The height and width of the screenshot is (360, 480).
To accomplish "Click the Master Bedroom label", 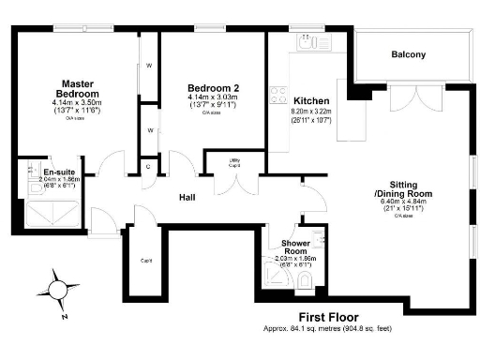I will (76, 88).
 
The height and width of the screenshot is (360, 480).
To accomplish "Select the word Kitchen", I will (310, 100).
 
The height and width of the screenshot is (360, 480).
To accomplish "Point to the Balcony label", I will (408, 54).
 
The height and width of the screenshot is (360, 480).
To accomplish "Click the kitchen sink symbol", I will (306, 41).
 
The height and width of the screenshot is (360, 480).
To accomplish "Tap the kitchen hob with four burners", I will (278, 95).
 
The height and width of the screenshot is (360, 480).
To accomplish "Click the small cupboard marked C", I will (147, 167).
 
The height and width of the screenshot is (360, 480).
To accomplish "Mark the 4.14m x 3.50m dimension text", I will (76, 105).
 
